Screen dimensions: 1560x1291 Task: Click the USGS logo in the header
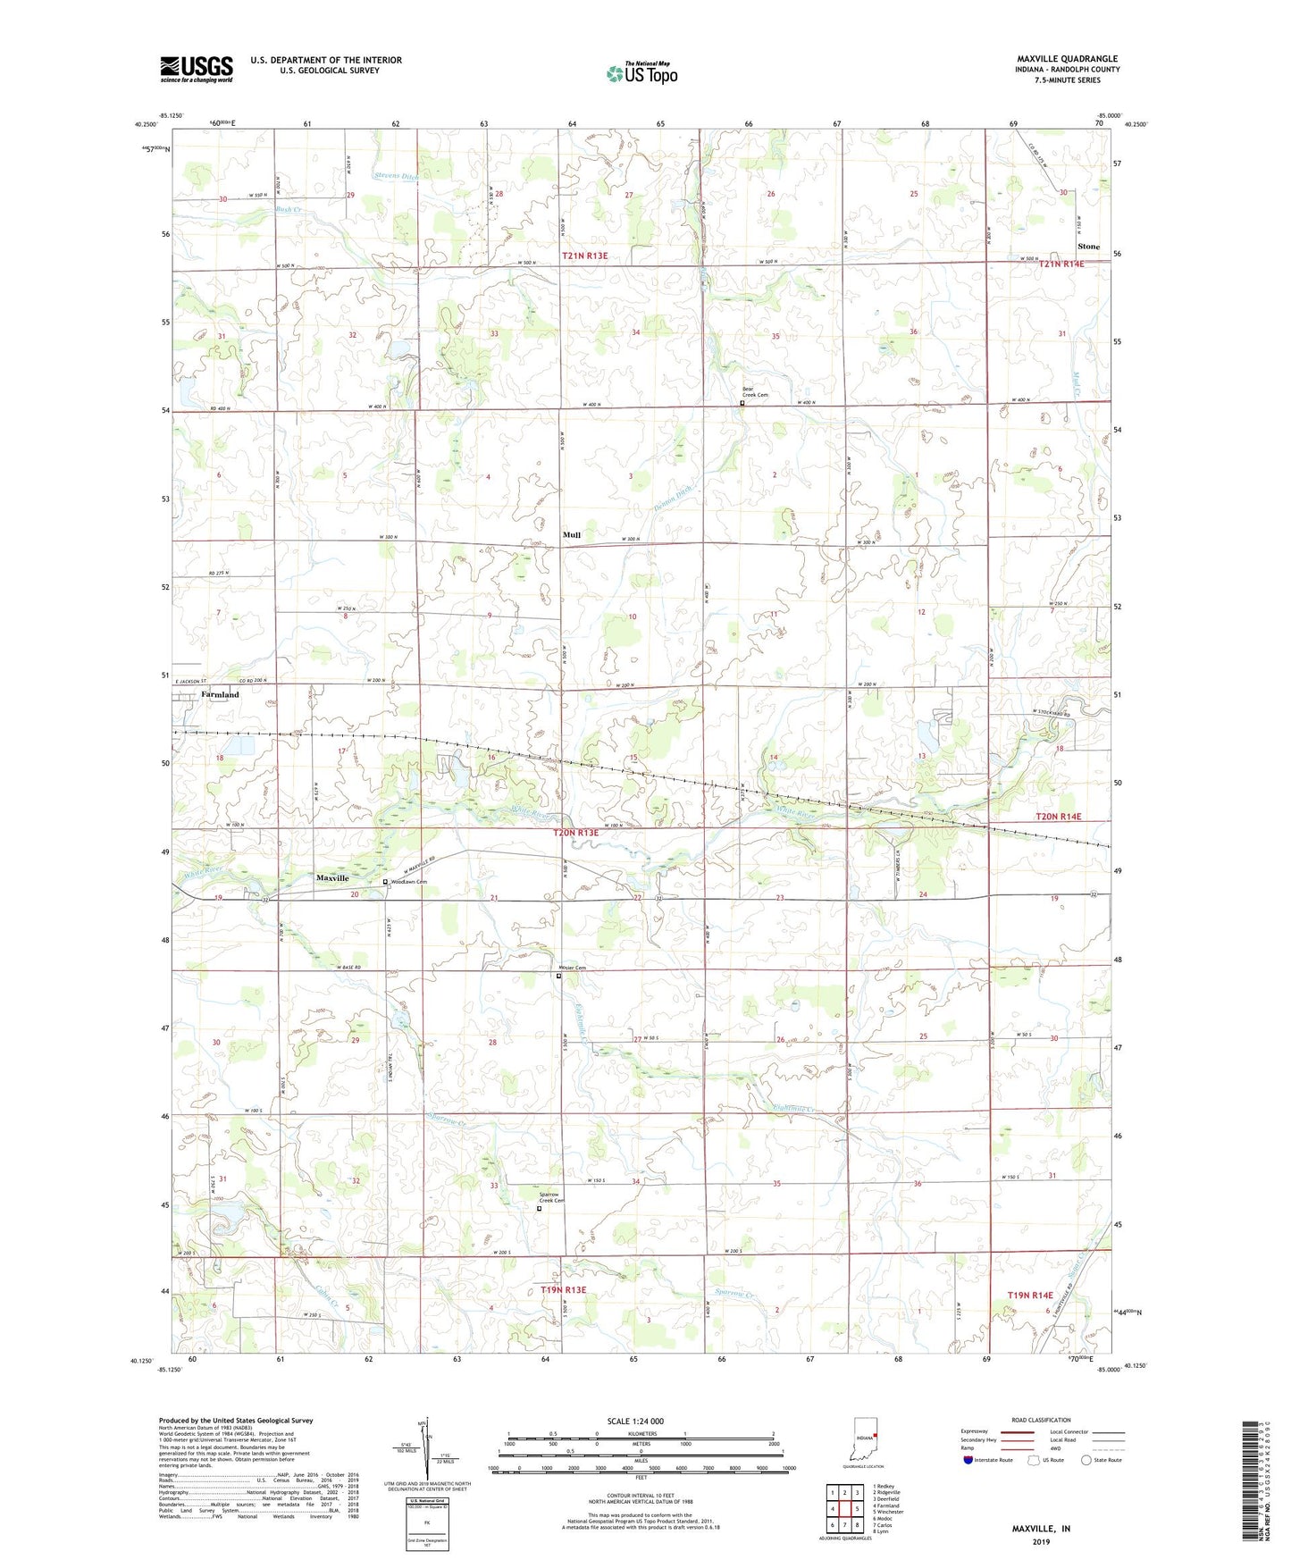197,69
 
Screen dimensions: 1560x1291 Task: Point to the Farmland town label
220,694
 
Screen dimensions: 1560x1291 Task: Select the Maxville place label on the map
332,878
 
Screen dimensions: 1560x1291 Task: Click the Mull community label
572,535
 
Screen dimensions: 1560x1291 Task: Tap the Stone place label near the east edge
1088,247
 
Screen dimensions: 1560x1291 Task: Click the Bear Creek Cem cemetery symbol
742,403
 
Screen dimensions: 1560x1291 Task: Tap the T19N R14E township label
1030,1295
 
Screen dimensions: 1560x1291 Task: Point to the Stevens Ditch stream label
398,176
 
